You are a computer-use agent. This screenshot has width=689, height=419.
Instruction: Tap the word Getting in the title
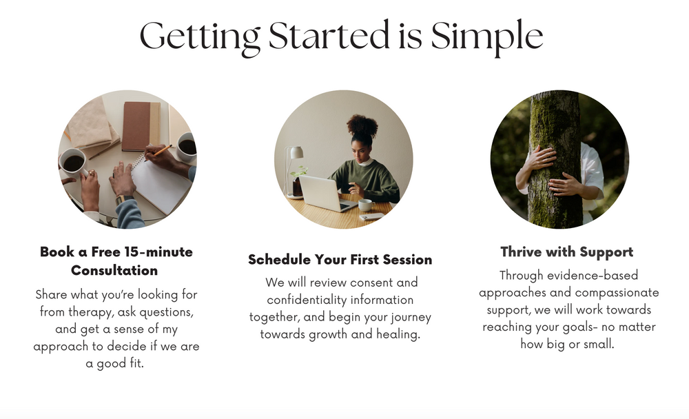tap(200, 36)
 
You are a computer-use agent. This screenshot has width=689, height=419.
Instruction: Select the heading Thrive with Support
tap(566, 252)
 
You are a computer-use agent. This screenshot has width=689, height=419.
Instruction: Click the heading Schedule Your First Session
tap(340, 260)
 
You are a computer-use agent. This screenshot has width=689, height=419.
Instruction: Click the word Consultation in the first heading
tap(114, 270)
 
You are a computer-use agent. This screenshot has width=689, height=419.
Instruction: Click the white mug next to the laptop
tap(365, 205)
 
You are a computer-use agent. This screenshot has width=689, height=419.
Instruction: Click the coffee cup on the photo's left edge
tap(72, 163)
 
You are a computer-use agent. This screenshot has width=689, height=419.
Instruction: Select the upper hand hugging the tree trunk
tap(539, 159)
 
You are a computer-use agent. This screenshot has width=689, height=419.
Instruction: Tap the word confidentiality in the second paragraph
tap(340, 300)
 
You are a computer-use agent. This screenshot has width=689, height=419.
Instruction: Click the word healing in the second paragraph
tap(399, 334)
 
